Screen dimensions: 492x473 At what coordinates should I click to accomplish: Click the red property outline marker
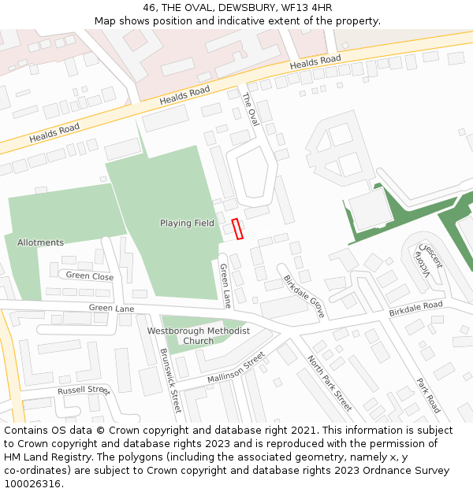(237, 228)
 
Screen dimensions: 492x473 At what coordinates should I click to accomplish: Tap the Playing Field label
(187, 224)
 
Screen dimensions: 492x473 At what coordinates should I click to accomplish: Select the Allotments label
(40, 242)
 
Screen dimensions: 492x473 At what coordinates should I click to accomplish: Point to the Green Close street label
(89, 276)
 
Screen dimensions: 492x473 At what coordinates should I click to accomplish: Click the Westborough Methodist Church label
(199, 336)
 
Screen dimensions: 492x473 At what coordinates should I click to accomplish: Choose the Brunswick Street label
(170, 381)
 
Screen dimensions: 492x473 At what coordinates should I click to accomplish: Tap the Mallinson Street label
(236, 368)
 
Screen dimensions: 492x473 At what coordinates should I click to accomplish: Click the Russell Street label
(83, 390)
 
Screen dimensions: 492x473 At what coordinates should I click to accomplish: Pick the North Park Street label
(329, 383)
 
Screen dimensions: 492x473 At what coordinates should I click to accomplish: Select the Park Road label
(428, 396)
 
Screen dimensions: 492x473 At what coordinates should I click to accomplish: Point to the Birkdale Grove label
(304, 296)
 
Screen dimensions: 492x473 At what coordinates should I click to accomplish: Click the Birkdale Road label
(415, 309)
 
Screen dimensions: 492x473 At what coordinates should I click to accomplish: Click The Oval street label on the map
(250, 109)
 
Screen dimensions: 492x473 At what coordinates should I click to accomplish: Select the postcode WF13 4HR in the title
(307, 8)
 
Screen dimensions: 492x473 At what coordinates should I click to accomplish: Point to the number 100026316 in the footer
(32, 484)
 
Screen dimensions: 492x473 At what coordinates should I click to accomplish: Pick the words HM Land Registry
(39, 457)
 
